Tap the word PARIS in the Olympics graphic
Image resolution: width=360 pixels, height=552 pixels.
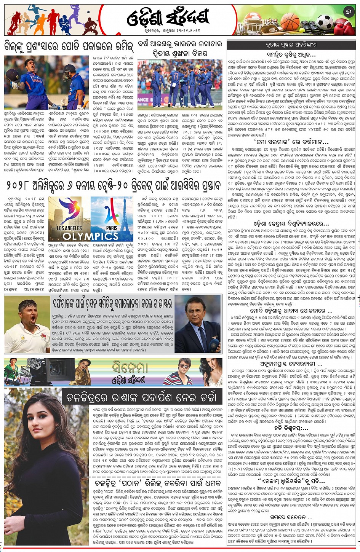point(112,228)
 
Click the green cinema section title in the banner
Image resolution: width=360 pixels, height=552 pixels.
point(130,367)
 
